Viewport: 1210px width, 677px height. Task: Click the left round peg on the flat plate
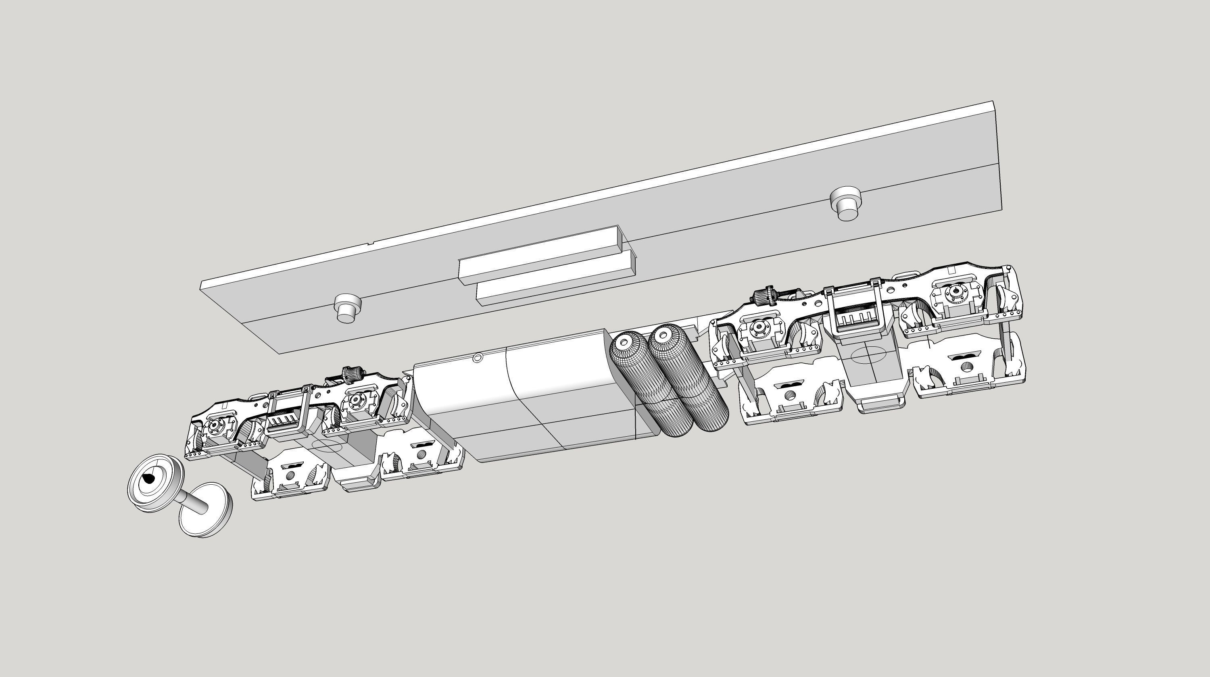coord(347,308)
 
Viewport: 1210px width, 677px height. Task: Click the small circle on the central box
coord(477,358)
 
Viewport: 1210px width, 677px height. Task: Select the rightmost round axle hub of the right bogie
coord(953,292)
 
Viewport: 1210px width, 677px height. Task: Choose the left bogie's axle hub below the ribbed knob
coord(357,400)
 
